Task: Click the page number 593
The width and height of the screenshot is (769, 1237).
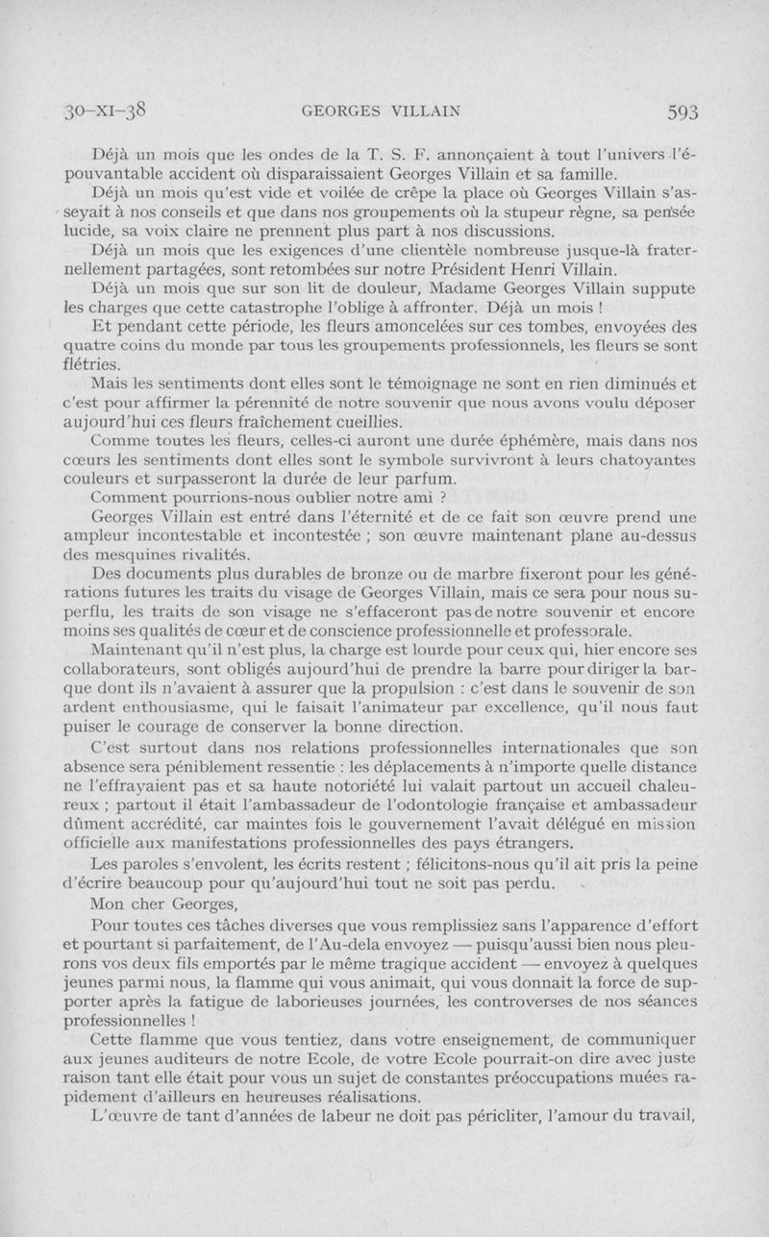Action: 681,111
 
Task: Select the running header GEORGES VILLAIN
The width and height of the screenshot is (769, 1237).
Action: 379,111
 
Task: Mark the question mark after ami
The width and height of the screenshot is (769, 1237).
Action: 441,498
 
